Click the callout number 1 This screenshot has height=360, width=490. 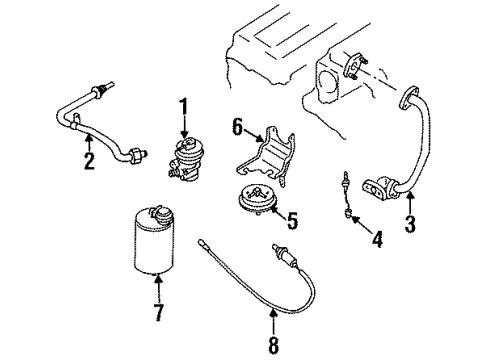tap(184, 107)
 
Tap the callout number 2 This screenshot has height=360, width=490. tap(89, 160)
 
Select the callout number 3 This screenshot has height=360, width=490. tap(410, 224)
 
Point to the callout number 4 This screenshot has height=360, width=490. tap(377, 239)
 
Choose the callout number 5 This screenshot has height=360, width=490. tap(292, 220)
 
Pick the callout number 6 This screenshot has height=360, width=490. tap(237, 127)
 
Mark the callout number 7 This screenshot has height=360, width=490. tap(159, 312)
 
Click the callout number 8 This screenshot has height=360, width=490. tap(273, 344)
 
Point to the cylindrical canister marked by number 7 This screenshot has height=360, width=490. tap(154, 241)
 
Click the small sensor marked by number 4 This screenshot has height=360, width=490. tap(347, 194)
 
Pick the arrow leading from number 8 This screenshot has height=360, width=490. tap(273, 322)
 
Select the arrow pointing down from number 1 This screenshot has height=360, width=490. tap(184, 128)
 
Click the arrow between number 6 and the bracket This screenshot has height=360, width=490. tap(253, 136)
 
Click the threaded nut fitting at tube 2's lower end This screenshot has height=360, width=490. tap(137, 154)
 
